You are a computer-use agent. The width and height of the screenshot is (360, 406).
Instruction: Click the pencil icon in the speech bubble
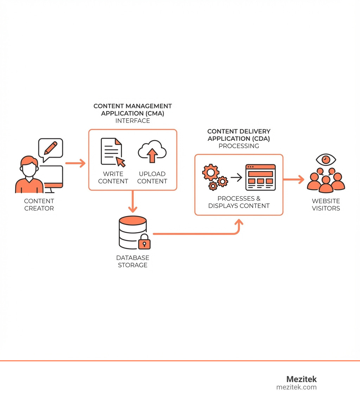pos(51,148)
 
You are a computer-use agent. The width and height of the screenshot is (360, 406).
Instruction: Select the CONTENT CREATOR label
pos(39,204)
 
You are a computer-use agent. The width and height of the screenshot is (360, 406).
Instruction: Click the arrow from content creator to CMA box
pos(75,163)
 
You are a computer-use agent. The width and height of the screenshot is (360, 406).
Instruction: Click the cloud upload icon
pos(152,152)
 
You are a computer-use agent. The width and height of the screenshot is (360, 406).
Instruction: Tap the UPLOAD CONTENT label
pos(152,178)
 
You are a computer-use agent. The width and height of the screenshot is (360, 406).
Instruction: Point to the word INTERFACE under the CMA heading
pos(133,121)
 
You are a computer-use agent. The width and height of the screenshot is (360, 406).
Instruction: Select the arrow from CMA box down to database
pos(133,202)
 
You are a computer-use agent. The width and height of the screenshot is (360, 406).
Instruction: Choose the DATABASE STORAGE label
pos(133,261)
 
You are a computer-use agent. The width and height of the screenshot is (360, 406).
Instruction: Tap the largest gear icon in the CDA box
pos(211,172)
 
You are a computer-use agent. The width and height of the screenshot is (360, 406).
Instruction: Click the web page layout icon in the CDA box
pos(261,177)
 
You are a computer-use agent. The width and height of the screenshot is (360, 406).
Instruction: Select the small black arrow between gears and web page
pos(236,177)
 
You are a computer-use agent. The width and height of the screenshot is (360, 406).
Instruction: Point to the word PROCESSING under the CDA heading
pos(239,146)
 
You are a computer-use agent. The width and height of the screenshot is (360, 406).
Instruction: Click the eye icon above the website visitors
pos(326,159)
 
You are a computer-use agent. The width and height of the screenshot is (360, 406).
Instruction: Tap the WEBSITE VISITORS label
pos(326,204)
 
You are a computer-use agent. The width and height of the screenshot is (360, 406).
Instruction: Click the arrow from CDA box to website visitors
pos(294,179)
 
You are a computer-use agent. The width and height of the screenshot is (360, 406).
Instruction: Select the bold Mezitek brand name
pos(301,379)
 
